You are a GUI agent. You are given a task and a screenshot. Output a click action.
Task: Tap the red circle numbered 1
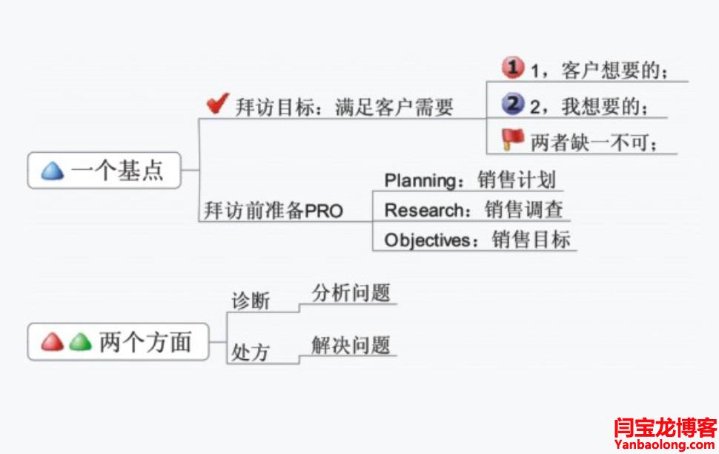[513, 68]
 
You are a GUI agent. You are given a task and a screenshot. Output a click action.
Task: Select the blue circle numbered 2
[513, 104]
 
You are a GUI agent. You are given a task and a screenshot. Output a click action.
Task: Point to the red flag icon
[512, 139]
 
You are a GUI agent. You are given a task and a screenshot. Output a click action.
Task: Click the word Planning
[420, 180]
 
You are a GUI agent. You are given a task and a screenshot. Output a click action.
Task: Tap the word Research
[423, 210]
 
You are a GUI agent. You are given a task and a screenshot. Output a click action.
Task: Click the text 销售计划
[517, 180]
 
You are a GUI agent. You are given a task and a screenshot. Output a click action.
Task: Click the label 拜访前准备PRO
[274, 211]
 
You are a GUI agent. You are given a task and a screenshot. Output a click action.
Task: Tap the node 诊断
[251, 302]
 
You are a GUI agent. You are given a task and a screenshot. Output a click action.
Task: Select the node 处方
[251, 352]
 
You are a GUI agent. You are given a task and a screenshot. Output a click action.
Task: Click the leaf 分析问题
[351, 292]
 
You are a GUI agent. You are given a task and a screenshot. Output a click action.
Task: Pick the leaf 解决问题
[351, 345]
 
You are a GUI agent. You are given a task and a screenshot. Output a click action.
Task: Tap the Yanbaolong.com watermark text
[666, 444]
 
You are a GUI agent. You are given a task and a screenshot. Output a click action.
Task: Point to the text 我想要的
[600, 107]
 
